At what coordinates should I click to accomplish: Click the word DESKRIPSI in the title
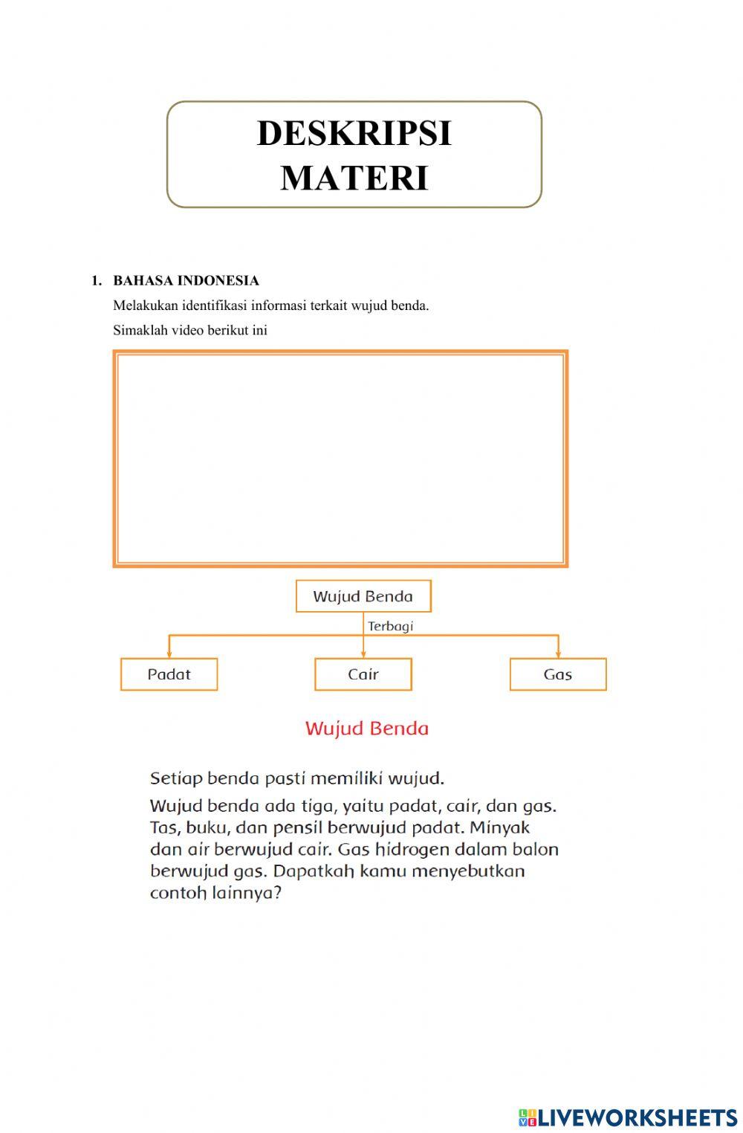point(354,134)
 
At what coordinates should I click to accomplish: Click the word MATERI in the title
point(354,178)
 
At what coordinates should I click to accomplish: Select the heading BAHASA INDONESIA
point(186,281)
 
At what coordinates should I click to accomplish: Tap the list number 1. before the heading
point(97,281)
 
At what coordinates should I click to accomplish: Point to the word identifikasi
point(214,306)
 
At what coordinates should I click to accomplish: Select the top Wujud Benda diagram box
point(363,596)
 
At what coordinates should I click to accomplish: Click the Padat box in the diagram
point(169,674)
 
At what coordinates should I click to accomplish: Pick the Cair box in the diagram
point(363,674)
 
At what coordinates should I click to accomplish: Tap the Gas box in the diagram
point(557,674)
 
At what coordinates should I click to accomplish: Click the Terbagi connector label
point(390,626)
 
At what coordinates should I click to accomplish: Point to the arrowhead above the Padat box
point(169,653)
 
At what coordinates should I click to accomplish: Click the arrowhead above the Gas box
point(558,653)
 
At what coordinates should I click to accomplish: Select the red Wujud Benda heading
point(366,729)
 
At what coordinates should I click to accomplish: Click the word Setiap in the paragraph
point(176,778)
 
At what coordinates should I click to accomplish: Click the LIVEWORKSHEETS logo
point(628,1117)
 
